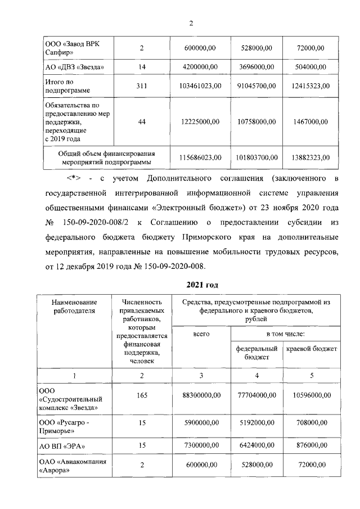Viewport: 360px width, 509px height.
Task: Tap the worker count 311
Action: click(142, 85)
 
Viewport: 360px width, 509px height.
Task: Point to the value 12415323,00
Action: click(310, 85)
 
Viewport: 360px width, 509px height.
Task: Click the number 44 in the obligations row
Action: click(142, 121)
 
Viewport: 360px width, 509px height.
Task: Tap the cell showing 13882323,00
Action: click(310, 157)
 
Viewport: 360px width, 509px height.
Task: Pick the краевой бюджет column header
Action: click(312, 349)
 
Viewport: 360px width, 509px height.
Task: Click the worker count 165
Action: click(142, 395)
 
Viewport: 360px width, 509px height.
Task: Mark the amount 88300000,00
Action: click(201, 395)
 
